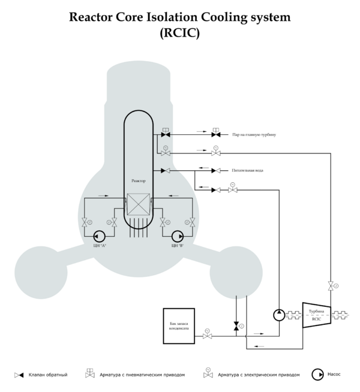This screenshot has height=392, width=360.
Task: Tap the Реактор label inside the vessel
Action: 138,180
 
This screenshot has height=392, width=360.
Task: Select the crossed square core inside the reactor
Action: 138,206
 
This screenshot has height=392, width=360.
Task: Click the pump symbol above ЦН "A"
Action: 99,235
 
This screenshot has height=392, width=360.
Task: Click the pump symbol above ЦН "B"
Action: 177,235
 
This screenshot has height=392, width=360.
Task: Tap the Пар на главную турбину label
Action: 254,135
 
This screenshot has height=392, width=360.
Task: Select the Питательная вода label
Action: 247,171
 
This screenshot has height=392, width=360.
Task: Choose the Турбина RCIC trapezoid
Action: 316,315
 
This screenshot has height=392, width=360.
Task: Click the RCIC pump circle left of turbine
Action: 279,315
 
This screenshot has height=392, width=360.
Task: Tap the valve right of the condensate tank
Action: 207,335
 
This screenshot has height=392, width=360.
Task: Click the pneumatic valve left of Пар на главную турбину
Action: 216,134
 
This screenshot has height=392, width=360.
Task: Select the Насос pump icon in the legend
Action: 316,375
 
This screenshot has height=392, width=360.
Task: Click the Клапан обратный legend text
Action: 48,375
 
